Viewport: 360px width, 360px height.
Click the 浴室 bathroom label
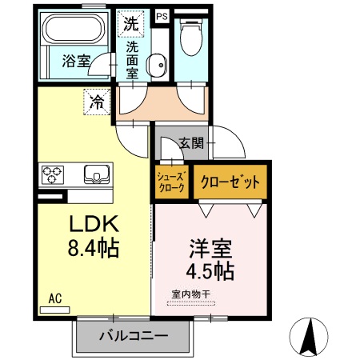(75, 60)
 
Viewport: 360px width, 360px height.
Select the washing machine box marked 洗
(130, 23)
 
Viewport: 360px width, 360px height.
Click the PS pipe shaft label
(162, 15)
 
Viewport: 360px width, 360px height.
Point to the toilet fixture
(190, 35)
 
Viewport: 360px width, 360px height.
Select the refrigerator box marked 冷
(96, 102)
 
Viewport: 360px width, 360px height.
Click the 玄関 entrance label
(191, 143)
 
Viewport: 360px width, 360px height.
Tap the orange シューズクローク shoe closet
(171, 182)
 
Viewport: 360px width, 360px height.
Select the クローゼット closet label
(230, 182)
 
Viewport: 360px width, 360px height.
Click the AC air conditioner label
(55, 299)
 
